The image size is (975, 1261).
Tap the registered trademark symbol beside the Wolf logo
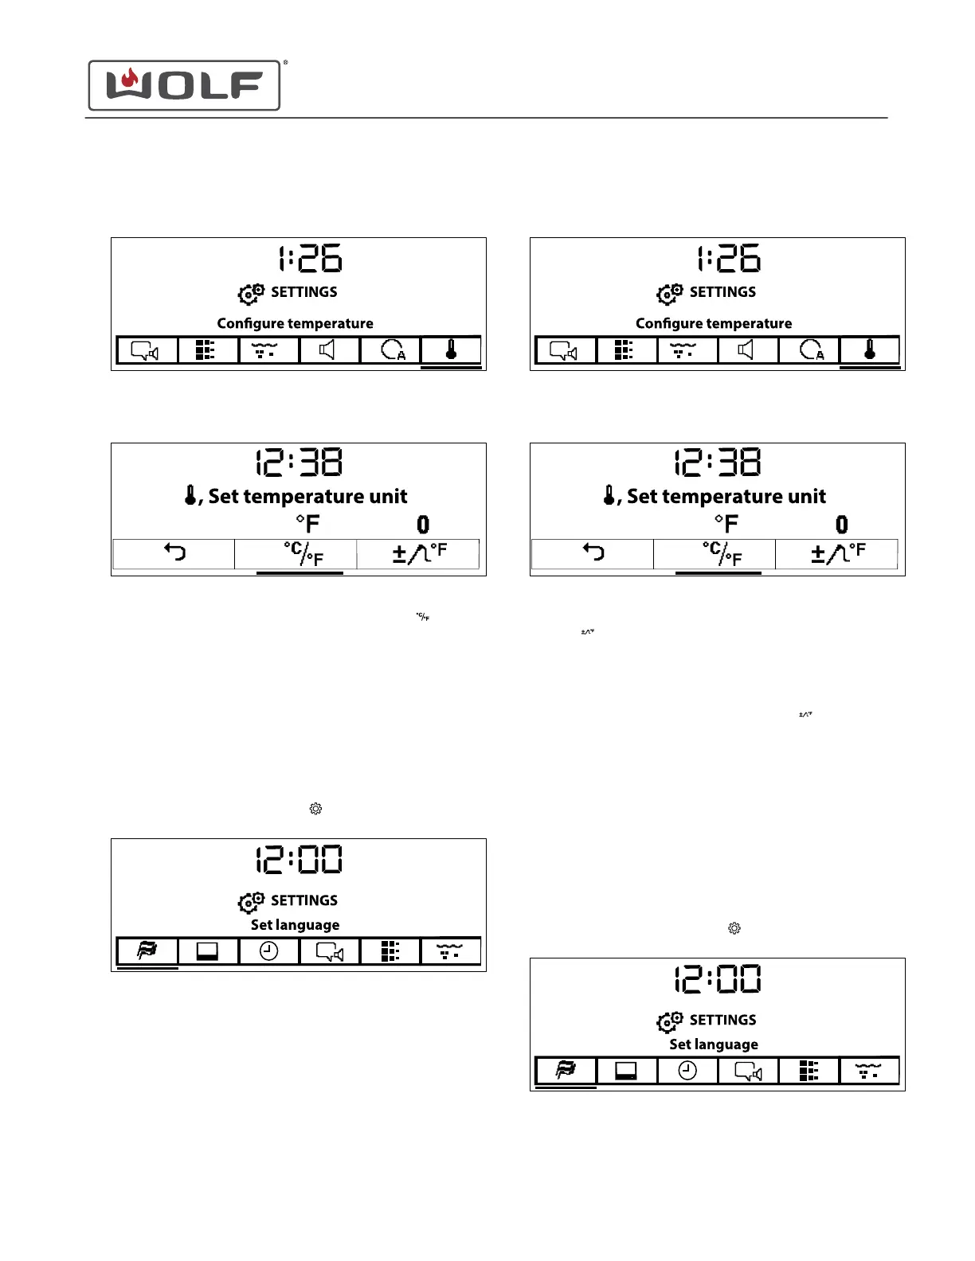[285, 62]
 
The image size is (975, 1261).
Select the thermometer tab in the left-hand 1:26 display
[451, 349]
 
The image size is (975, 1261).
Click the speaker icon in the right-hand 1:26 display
[746, 349]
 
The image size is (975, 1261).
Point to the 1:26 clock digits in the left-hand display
[310, 259]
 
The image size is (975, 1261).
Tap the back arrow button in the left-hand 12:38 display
[174, 552]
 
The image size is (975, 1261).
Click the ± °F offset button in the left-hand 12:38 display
[419, 552]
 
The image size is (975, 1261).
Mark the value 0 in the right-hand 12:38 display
[842, 525]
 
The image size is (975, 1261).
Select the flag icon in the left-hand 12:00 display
[147, 951]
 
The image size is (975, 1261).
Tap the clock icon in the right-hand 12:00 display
[687, 1071]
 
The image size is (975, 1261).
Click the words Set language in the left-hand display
[295, 925]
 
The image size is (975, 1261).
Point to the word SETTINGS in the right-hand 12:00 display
[722, 1020]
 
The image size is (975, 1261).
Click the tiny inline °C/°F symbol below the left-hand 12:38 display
[423, 617]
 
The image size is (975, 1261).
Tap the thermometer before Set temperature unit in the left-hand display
[190, 495]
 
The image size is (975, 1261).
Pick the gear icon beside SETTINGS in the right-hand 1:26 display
[670, 294]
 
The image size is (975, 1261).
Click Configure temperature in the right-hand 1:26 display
[714, 323]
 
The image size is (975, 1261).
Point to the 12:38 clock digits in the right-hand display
[718, 463]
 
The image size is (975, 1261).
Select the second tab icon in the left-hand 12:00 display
[208, 951]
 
